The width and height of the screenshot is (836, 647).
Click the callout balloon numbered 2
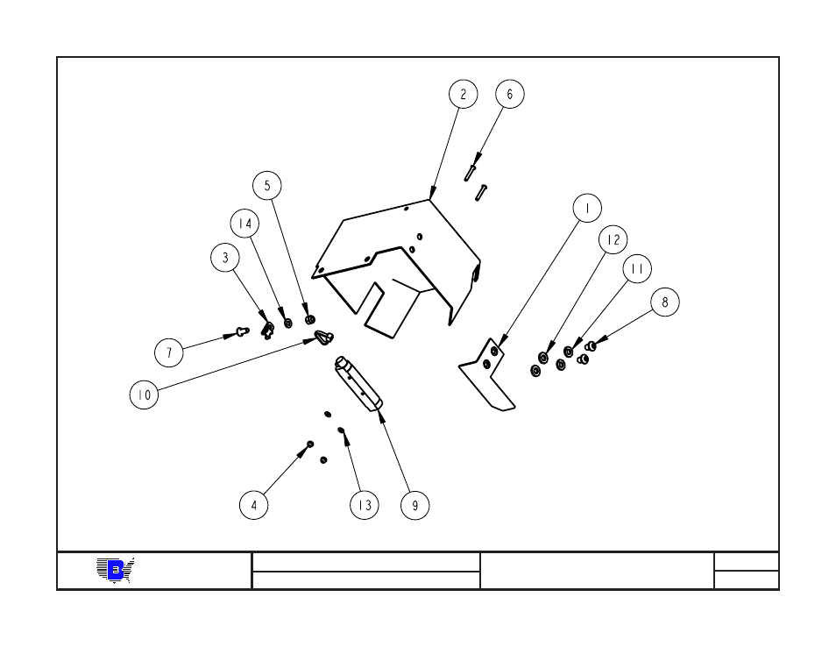click(x=464, y=94)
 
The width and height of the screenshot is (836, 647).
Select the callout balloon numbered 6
click(x=510, y=94)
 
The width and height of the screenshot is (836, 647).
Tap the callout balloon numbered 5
click(x=267, y=186)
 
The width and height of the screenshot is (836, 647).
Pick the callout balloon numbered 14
click(x=245, y=224)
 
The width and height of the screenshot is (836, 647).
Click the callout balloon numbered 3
click(x=225, y=258)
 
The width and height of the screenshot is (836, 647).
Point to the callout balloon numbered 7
click(x=169, y=353)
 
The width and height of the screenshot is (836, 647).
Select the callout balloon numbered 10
click(x=144, y=395)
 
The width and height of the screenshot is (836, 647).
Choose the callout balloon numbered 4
click(x=254, y=505)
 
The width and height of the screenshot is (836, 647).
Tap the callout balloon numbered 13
click(x=365, y=505)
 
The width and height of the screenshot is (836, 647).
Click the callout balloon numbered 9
click(x=415, y=505)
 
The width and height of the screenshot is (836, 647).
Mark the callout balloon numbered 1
click(x=587, y=209)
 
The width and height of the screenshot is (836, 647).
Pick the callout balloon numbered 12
click(x=613, y=239)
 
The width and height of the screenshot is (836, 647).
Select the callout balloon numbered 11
click(x=637, y=270)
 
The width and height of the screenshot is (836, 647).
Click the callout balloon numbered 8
click(x=665, y=302)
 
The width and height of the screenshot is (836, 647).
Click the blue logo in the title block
click(x=115, y=571)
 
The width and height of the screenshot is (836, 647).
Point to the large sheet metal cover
click(x=394, y=254)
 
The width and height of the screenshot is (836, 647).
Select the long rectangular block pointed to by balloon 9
click(x=359, y=382)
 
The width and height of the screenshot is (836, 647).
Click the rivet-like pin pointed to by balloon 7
click(x=241, y=331)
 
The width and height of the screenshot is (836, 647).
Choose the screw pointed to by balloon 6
click(x=471, y=172)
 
